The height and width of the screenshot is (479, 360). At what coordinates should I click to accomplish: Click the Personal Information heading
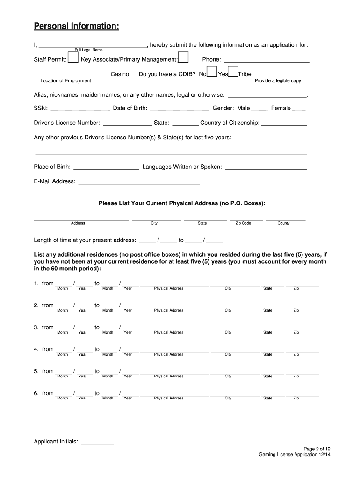pos(76,27)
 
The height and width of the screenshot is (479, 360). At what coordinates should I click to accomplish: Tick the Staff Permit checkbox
pos(73,58)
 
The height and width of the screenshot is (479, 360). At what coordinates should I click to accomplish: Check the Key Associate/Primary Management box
pos(184,58)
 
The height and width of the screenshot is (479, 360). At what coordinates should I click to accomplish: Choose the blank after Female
pos(299,110)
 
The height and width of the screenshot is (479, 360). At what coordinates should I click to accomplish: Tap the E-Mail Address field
pos(139,183)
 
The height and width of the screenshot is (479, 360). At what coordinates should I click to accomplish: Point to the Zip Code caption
pos(243,223)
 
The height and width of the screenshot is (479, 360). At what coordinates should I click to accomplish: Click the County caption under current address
pos(284,223)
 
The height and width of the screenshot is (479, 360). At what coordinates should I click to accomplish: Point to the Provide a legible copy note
pos(278,81)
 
